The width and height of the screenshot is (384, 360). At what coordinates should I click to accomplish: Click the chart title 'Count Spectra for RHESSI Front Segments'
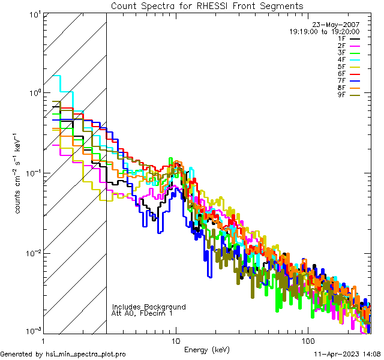coord(207,6)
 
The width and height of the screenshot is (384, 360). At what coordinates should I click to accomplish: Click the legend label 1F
coord(341,38)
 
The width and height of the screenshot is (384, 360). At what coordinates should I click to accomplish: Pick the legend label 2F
coord(341,46)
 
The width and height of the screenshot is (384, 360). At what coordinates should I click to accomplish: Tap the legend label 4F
coord(341,60)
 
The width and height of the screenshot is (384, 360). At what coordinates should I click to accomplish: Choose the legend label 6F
coord(341,74)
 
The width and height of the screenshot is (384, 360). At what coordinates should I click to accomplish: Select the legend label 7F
coord(341,81)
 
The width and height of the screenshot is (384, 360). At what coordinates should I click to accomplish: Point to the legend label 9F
coord(341,95)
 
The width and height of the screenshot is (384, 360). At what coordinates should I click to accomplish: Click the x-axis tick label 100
coord(308,340)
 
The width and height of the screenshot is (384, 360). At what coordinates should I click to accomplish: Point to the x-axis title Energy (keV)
coord(207,350)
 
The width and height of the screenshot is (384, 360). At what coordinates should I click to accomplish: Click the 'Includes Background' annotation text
coord(149,307)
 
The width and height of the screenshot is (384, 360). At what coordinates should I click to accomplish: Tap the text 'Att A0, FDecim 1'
coord(142,314)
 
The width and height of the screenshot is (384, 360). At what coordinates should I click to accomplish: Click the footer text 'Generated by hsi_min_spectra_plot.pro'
coord(63,355)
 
